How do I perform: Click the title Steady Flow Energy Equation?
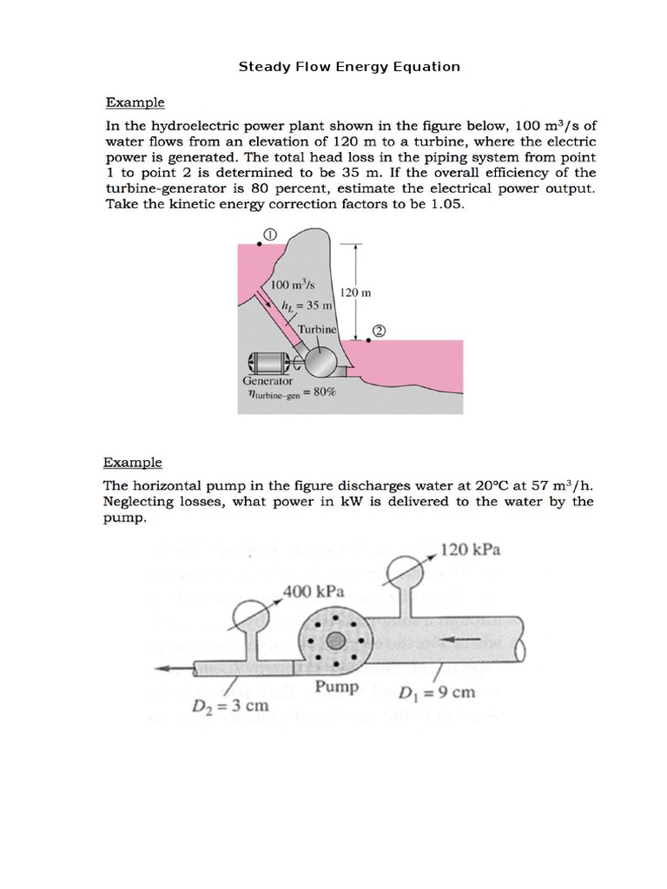point(349,66)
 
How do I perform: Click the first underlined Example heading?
point(135,102)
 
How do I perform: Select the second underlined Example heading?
point(133,462)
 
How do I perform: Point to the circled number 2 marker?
point(380,332)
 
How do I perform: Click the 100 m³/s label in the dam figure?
point(293,285)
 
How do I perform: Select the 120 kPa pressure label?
point(471,550)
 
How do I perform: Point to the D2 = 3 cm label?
point(230,705)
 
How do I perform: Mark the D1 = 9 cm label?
point(438,692)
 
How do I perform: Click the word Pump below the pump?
point(336,686)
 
